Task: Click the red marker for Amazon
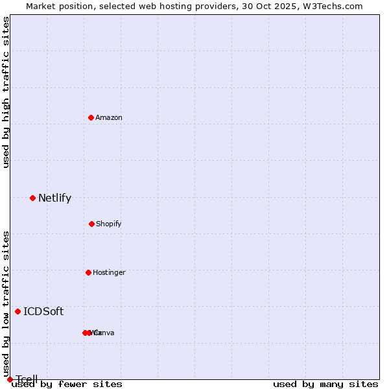(x=91, y=117)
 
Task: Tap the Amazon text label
(x=109, y=118)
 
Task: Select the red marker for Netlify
(x=32, y=198)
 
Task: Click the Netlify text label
(x=54, y=198)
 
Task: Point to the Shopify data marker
(x=91, y=224)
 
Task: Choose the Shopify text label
(x=109, y=224)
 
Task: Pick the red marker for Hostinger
(x=88, y=272)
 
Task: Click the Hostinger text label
(x=109, y=273)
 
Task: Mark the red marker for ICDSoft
(x=18, y=311)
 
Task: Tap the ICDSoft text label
(x=43, y=312)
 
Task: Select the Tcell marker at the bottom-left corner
(x=10, y=379)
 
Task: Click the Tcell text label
(x=27, y=379)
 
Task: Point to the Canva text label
(x=104, y=333)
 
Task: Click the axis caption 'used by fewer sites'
(x=67, y=384)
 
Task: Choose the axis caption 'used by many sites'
(x=325, y=384)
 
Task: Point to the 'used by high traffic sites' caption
(x=6, y=92)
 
